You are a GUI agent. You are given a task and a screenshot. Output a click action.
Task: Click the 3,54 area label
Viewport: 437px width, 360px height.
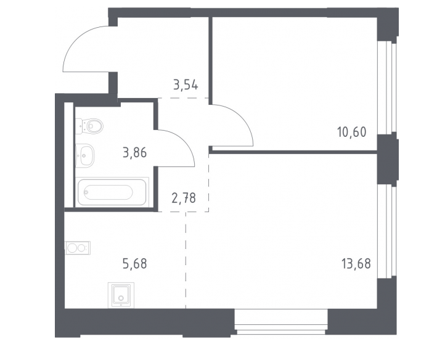pyautogui.click(x=186, y=85)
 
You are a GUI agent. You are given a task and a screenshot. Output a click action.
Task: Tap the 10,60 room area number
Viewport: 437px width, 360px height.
pyautogui.click(x=352, y=132)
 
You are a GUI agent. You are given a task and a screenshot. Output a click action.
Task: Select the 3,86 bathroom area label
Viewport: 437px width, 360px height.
pyautogui.click(x=134, y=153)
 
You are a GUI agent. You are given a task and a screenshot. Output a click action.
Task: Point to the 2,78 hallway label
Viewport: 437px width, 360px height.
pyautogui.click(x=184, y=198)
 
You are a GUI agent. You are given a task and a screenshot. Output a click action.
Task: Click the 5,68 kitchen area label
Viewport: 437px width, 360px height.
pyautogui.click(x=134, y=263)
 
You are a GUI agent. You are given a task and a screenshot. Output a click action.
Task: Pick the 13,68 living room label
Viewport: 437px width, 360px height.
pyautogui.click(x=356, y=263)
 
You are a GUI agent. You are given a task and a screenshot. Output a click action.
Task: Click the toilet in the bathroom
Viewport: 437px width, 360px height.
pyautogui.click(x=89, y=126)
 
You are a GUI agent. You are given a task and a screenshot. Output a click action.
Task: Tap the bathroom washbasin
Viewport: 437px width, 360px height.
pyautogui.click(x=84, y=155)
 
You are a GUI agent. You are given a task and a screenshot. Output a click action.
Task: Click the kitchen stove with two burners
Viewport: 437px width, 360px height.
pyautogui.click(x=78, y=248)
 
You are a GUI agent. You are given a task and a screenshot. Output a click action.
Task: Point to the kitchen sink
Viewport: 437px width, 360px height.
pyautogui.click(x=121, y=295)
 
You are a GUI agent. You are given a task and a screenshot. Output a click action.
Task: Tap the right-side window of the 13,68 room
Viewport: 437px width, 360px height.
pyautogui.click(x=387, y=231)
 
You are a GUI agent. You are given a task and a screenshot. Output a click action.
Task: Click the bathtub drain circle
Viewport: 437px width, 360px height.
pyautogui.click(x=86, y=192)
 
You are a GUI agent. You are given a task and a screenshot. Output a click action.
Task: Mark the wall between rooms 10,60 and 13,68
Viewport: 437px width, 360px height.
pyautogui.click(x=293, y=152)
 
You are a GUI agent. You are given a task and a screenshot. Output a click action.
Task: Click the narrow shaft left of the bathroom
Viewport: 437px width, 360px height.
pyautogui.click(x=69, y=155)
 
